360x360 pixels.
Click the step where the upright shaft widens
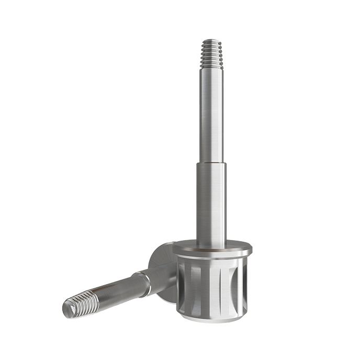(212, 163)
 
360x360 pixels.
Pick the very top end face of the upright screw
(211, 40)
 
